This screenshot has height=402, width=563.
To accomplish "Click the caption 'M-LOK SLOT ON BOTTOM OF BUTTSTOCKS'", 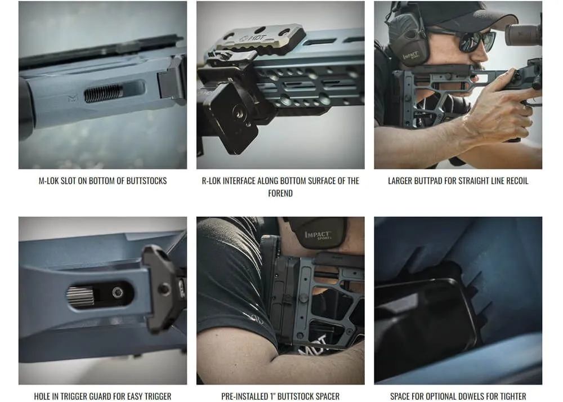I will coord(102,181).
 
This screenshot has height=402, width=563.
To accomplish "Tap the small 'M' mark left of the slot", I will coord(72,98).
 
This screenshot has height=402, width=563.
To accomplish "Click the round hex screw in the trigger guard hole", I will coord(118,292).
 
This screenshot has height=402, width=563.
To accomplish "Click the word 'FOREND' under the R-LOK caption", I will coord(280,193).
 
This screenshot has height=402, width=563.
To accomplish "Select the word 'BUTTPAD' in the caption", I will coord(431,181).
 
